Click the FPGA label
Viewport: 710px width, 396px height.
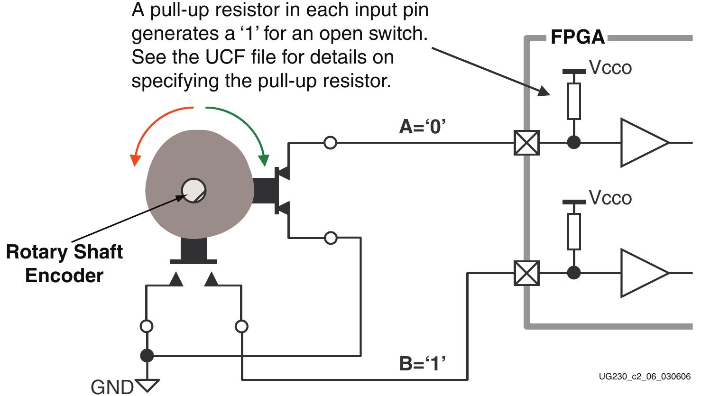577,37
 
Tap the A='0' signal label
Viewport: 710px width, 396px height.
422,127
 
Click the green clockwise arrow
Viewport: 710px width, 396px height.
242,128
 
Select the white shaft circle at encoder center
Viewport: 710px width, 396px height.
194,191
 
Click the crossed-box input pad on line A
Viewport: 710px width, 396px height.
526,142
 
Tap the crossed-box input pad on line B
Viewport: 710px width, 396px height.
526,273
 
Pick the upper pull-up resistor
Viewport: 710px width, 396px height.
574,101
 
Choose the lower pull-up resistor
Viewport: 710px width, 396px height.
574,231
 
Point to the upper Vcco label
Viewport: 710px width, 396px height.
610,68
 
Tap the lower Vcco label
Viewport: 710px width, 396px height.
610,198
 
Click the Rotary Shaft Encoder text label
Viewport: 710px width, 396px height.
64,264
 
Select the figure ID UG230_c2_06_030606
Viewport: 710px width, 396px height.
644,377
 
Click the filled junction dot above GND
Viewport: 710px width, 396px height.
147,355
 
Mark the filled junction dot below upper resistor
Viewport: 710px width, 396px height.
574,142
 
